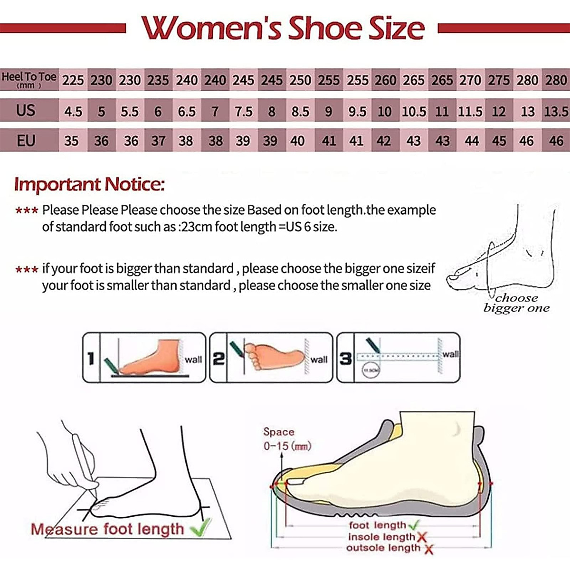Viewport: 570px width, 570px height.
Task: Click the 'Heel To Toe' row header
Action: click(x=29, y=79)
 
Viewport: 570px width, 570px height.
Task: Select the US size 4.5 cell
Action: click(x=73, y=112)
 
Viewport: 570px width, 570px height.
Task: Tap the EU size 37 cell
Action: click(x=158, y=141)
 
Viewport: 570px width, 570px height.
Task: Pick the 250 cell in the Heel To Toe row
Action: click(x=300, y=80)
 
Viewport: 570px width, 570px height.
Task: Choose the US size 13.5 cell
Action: click(x=556, y=112)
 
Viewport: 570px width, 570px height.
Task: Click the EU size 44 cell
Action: click(x=471, y=141)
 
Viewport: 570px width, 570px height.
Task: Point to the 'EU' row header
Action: click(x=26, y=141)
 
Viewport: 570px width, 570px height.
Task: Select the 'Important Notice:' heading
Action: click(x=89, y=184)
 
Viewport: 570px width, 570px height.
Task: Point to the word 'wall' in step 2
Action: click(x=319, y=360)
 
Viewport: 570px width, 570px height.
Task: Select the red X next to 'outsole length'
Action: click(x=428, y=549)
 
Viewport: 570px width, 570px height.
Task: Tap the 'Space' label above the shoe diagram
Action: click(x=279, y=432)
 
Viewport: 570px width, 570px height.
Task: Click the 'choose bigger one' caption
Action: click(x=516, y=303)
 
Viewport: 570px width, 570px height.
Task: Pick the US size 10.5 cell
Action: click(x=414, y=112)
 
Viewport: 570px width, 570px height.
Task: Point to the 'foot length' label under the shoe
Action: click(x=378, y=525)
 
